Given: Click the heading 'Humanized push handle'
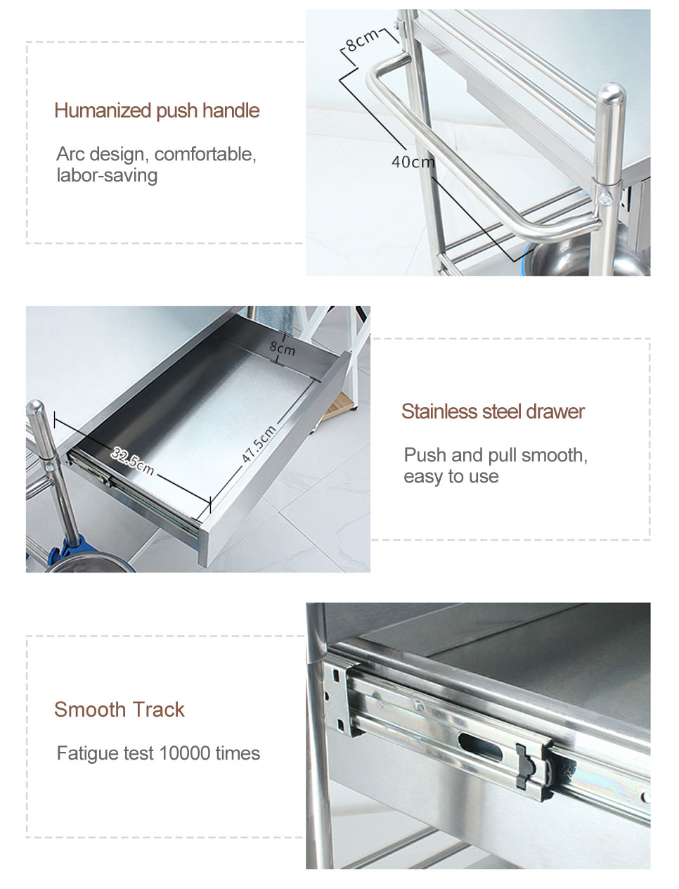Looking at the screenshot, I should pyautogui.click(x=157, y=110).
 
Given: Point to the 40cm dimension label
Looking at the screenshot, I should pyautogui.click(x=413, y=162).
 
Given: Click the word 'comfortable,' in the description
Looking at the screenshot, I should pyautogui.click(x=205, y=154).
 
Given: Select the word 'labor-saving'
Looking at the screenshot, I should pyautogui.click(x=107, y=175).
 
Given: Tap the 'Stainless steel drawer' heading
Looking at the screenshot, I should pyautogui.click(x=493, y=411).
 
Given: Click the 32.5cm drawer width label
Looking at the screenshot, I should pyautogui.click(x=133, y=461).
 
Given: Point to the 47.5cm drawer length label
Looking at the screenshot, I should pyautogui.click(x=259, y=444).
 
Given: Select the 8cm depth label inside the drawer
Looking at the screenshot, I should pyautogui.click(x=282, y=348).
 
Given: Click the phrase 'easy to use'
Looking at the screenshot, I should pyautogui.click(x=451, y=477).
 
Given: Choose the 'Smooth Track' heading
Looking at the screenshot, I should pyautogui.click(x=119, y=710).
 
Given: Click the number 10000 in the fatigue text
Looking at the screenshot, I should pyautogui.click(x=185, y=753).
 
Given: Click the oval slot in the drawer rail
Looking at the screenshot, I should pyautogui.click(x=480, y=748).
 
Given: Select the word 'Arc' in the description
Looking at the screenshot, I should pyautogui.click(x=70, y=154).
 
